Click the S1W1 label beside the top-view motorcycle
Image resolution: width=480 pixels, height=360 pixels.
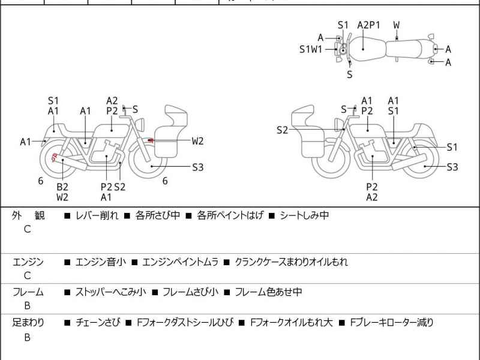click(311, 49)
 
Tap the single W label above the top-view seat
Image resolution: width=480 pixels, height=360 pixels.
click(397, 25)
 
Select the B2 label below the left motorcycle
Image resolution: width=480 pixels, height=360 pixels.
click(62, 187)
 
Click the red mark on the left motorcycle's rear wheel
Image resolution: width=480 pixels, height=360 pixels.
click(55, 158)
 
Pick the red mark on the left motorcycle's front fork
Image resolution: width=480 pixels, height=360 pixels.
click(151, 140)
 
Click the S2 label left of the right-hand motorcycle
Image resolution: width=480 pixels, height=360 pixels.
click(283, 130)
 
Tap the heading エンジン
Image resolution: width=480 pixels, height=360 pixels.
click(28, 262)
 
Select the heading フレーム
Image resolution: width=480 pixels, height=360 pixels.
click(28, 292)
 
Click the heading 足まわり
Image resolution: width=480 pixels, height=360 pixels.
click(28, 323)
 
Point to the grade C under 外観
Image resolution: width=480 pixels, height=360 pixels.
click(27, 229)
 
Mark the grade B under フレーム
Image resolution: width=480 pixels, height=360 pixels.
click(27, 307)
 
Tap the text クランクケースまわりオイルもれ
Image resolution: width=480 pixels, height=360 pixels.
click(291, 262)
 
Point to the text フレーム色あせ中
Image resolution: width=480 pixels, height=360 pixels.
click(268, 292)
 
